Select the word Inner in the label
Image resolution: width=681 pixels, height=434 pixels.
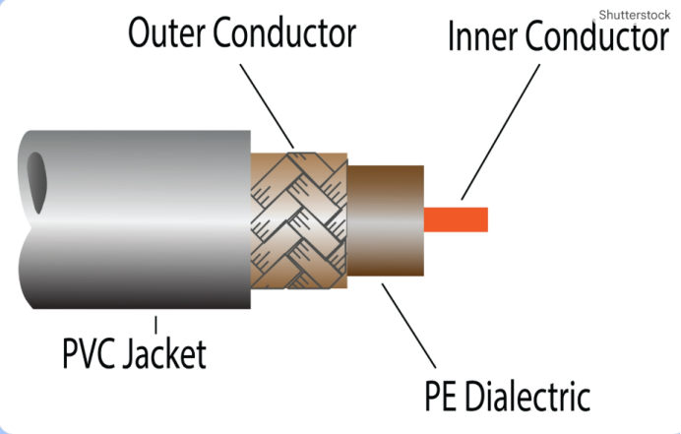[483, 38]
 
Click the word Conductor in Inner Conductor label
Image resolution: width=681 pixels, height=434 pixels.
[596, 38]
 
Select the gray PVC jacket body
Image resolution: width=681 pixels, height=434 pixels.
[138, 217]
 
